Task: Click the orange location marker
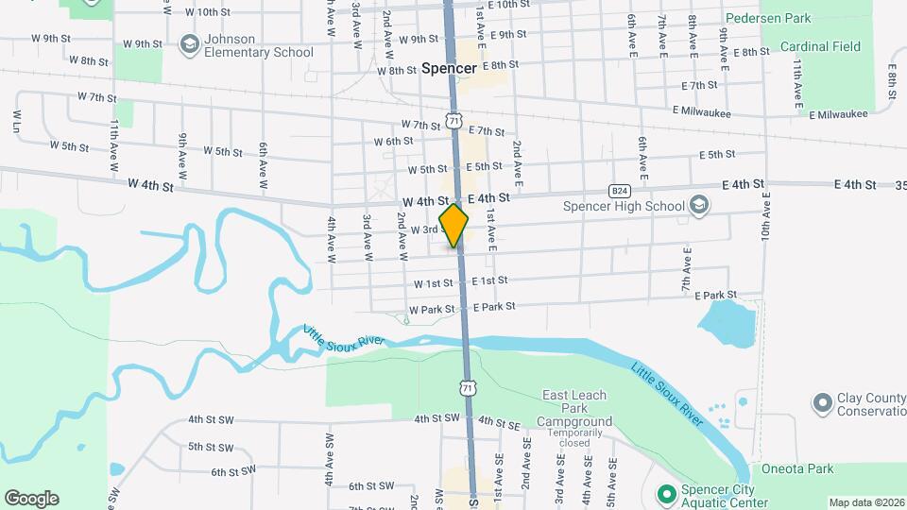point(454,226)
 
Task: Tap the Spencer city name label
point(449,68)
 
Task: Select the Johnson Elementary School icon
point(190,45)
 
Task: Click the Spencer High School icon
point(699,206)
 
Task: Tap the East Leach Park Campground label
point(574,408)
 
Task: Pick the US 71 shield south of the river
point(467,387)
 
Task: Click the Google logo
point(31,498)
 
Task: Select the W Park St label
point(432,310)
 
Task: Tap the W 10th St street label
point(208,11)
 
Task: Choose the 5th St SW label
point(211,446)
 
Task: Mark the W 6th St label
point(393,142)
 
